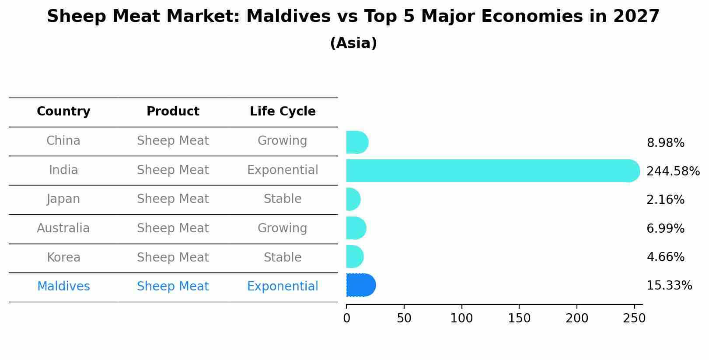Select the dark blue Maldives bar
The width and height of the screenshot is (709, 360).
[x=360, y=285]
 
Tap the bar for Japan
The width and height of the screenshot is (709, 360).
[x=353, y=199]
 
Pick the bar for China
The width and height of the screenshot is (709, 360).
[x=356, y=142]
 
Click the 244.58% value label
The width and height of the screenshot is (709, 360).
[x=673, y=171]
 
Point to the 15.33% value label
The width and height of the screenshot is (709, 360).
[x=669, y=286]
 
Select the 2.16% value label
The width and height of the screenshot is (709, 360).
[x=665, y=200]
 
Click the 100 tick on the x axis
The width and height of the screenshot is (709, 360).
[x=461, y=318]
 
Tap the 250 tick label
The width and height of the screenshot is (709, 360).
[x=634, y=318]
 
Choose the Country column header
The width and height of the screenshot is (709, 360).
[x=63, y=112]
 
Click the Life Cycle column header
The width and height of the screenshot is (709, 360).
[x=283, y=112]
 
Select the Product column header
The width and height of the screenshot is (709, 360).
[x=173, y=112]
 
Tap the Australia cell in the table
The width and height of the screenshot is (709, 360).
[x=63, y=228]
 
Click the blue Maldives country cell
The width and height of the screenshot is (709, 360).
[x=63, y=287]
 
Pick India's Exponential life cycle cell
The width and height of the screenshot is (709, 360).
[x=283, y=170]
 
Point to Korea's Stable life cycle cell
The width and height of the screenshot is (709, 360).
[x=283, y=258]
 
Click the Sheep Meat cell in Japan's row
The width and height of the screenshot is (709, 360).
[x=173, y=199]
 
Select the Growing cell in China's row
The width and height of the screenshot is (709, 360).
[x=283, y=141]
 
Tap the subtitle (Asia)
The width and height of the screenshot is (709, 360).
[x=353, y=43]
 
